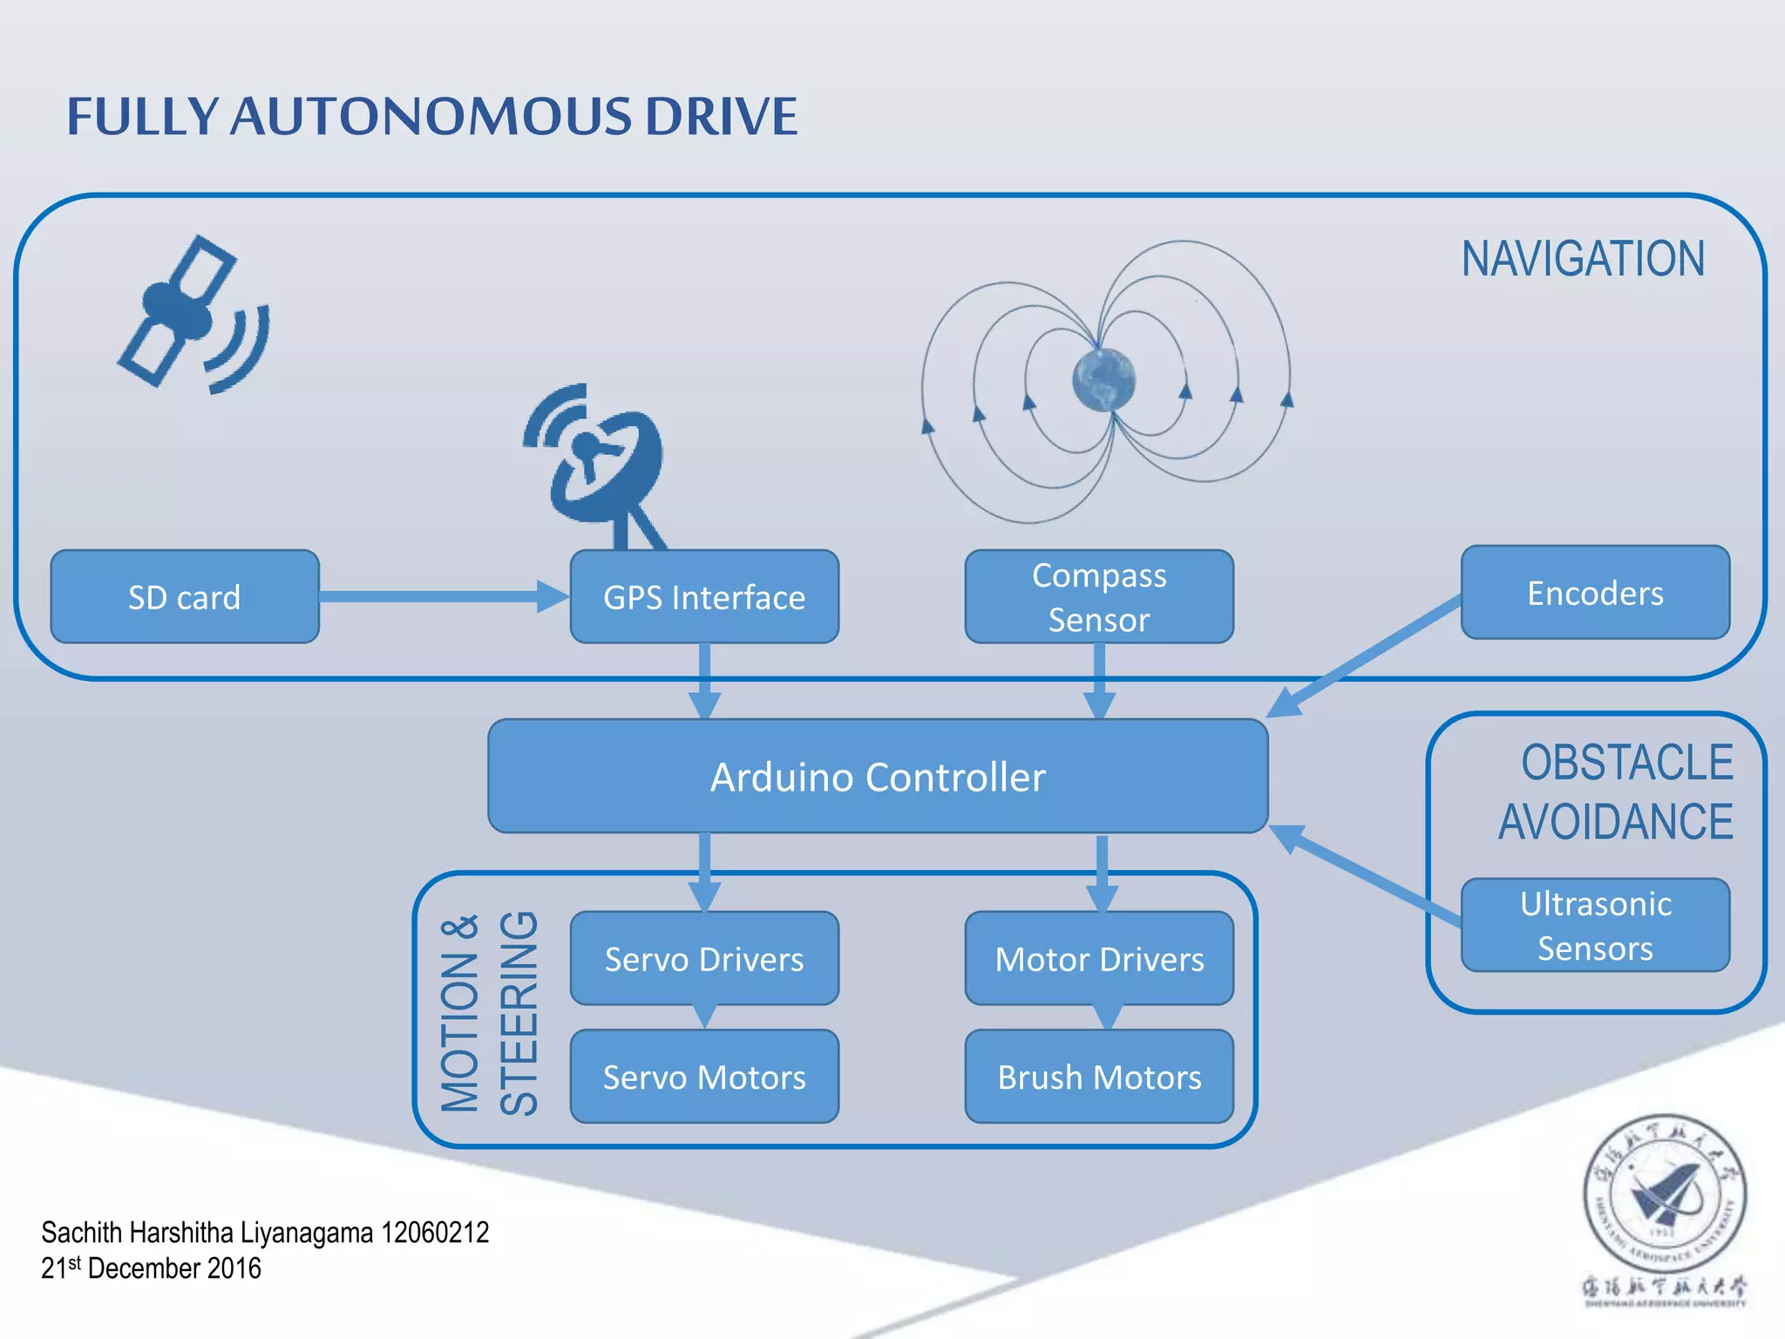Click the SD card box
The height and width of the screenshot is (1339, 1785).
click(185, 597)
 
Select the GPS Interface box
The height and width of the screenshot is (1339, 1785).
click(704, 597)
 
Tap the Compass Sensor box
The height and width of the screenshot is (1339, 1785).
click(1099, 597)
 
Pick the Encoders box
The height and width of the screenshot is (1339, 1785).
click(1595, 593)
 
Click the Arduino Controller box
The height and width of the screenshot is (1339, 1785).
click(878, 776)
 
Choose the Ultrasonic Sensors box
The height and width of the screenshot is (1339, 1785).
click(1595, 925)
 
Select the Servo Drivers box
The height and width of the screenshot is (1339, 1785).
click(704, 958)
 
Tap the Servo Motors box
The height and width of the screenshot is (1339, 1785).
click(704, 1077)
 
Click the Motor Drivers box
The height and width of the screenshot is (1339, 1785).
click(1099, 958)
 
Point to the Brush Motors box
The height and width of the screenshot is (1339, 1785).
click(1099, 1077)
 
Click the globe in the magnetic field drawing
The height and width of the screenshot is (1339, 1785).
click(1103, 380)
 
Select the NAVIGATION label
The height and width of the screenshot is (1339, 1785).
click(1583, 259)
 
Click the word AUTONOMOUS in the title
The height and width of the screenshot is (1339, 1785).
click(431, 116)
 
